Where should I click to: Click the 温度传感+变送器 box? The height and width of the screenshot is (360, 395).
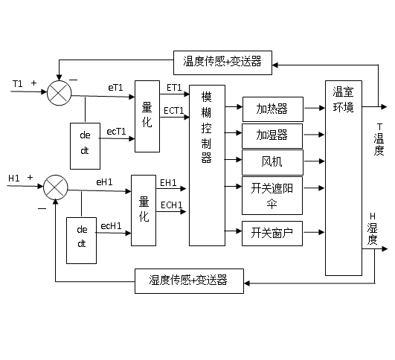click(x=222, y=62)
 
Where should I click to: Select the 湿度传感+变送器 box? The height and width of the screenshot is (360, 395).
click(x=189, y=281)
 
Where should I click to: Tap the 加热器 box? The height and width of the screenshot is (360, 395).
click(x=273, y=109)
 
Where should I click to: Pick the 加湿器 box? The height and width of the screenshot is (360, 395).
click(x=272, y=136)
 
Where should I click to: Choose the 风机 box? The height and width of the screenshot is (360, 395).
click(x=272, y=162)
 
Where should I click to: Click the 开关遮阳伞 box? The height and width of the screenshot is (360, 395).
click(x=272, y=196)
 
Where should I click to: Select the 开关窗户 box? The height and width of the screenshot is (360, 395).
click(x=272, y=234)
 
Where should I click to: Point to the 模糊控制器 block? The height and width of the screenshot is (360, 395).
click(x=207, y=165)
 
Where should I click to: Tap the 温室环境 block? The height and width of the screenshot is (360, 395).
click(x=344, y=178)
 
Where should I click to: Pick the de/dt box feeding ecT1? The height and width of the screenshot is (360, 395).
click(x=85, y=146)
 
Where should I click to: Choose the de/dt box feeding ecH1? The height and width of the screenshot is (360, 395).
click(x=81, y=240)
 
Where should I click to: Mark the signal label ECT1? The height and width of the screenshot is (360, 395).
click(x=173, y=111)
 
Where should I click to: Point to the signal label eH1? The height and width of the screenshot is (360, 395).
click(x=104, y=182)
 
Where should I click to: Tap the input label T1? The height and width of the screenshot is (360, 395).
click(x=17, y=83)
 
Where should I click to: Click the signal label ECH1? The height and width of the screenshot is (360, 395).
click(x=171, y=205)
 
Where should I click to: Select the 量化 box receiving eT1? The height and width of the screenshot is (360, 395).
click(x=147, y=116)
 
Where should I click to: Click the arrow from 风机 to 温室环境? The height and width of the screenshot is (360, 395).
click(x=314, y=161)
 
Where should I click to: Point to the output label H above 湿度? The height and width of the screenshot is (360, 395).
click(x=373, y=216)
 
